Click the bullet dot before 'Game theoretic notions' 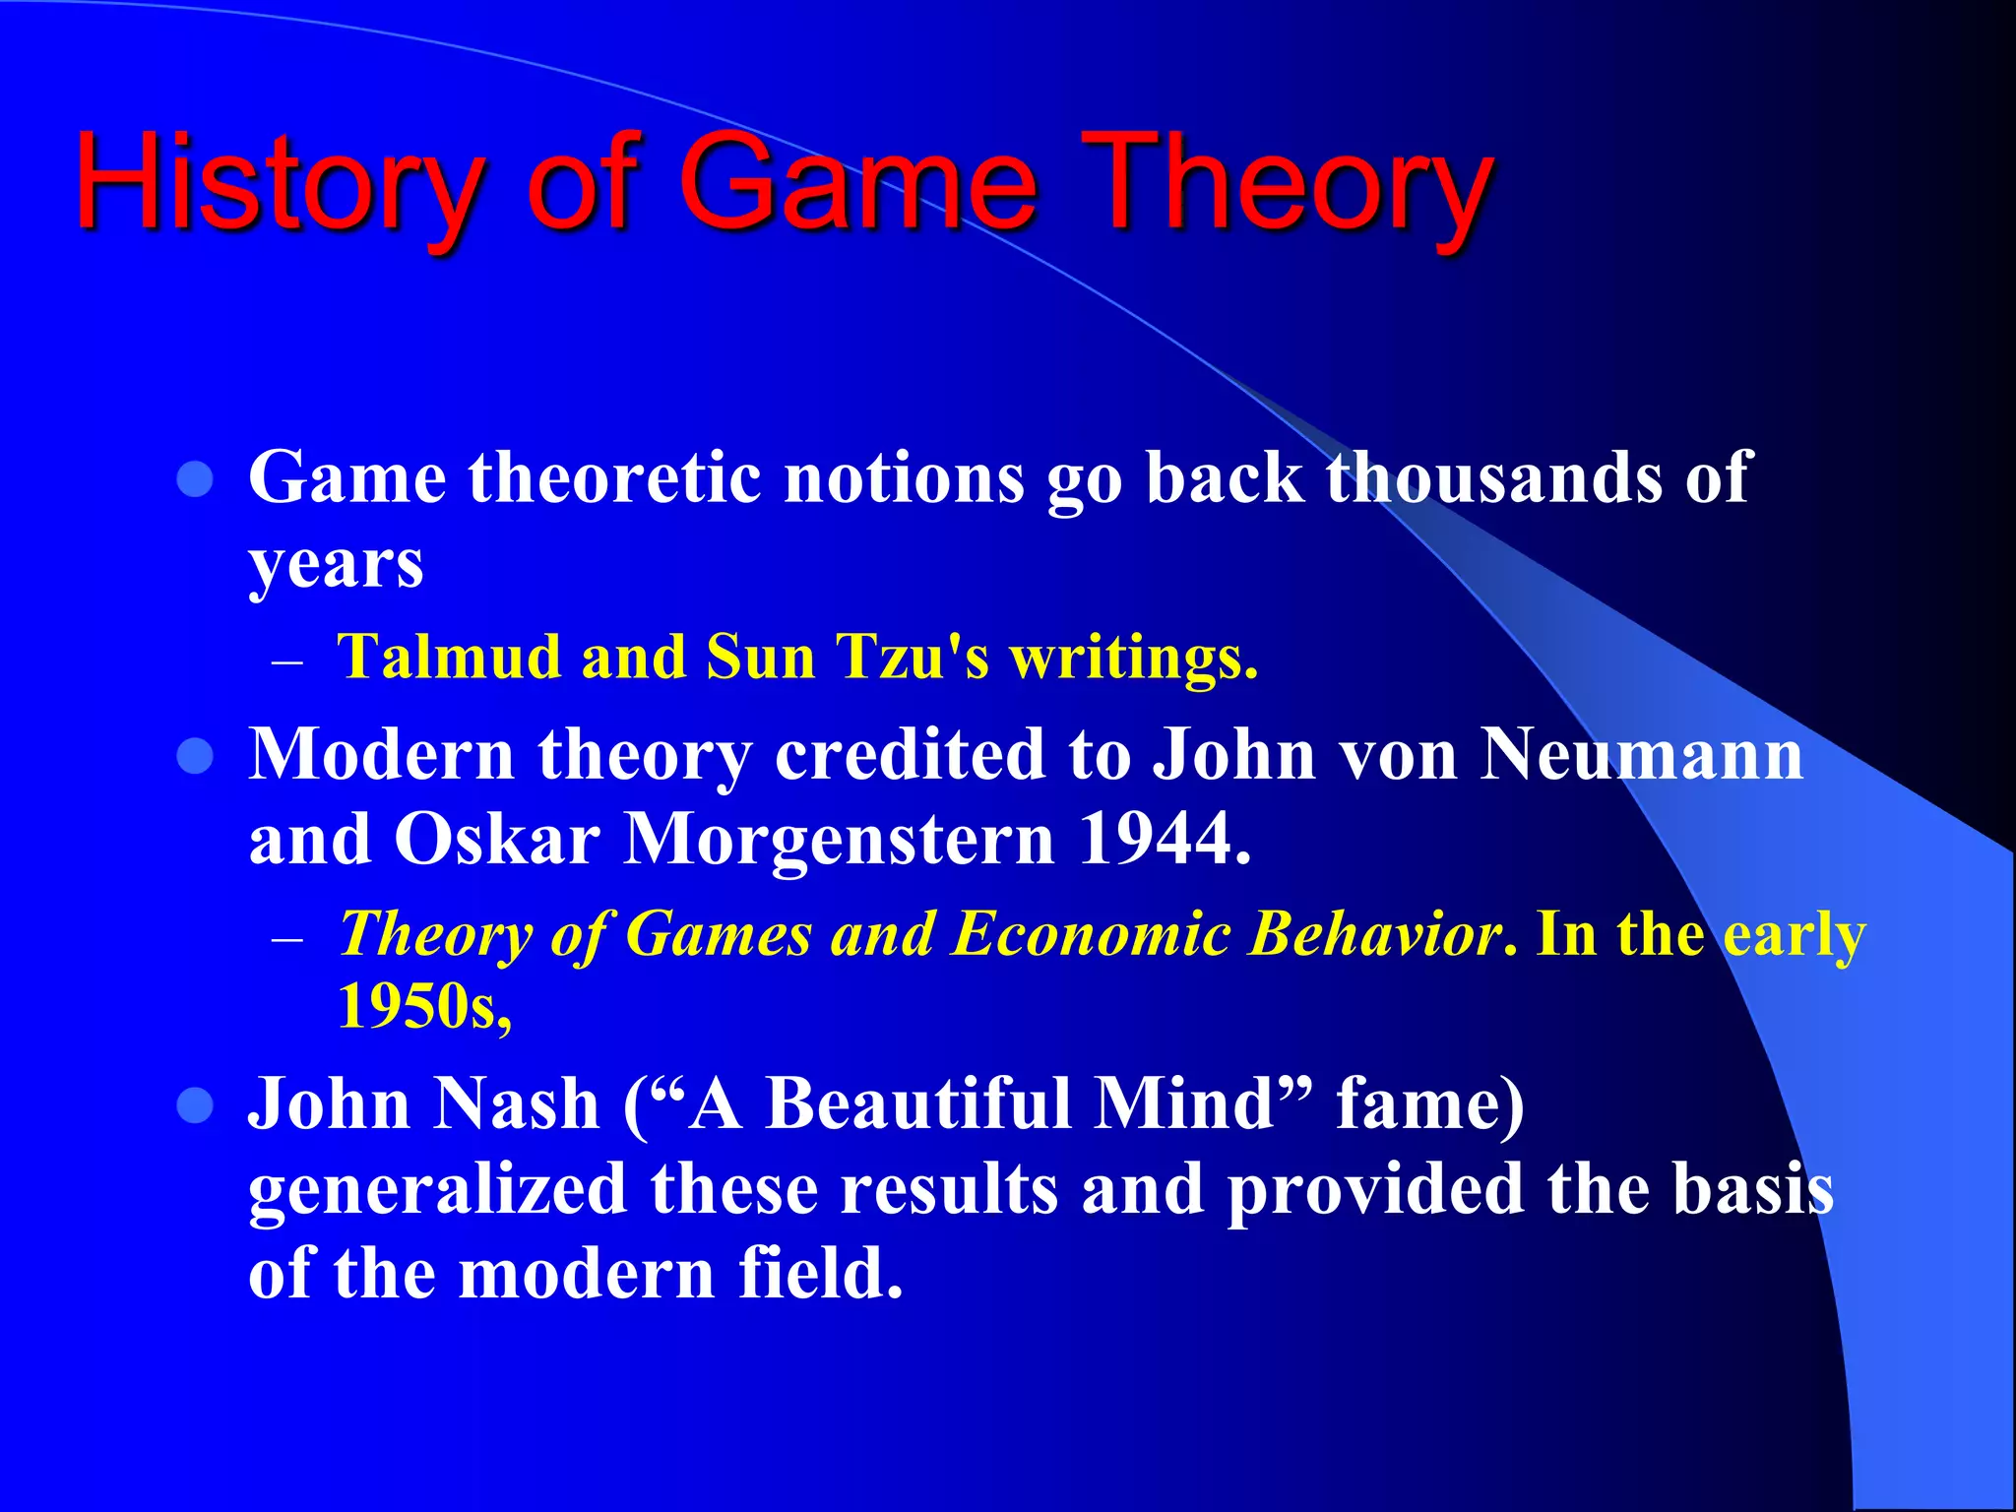tap(195, 479)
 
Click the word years tap(336, 566)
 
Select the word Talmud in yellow tap(448, 657)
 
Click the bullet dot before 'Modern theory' tap(195, 757)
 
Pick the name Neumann tap(1641, 755)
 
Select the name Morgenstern tap(840, 840)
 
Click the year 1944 tap(1163, 840)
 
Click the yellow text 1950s tap(423, 1007)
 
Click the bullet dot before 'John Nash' tap(195, 1105)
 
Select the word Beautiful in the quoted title tap(919, 1103)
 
